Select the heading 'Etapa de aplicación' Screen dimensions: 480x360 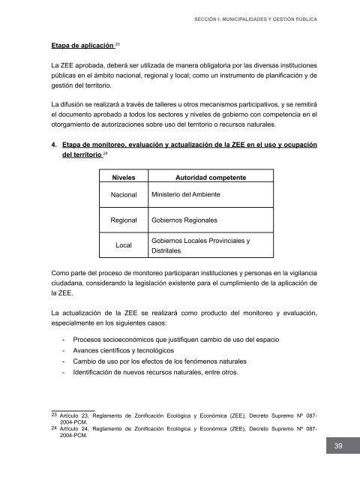pos(76,45)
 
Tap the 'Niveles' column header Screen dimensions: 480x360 pos(124,178)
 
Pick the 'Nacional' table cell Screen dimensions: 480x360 pos(124,195)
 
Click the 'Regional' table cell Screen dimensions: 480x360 pos(124,222)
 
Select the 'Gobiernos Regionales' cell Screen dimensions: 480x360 pos(184,222)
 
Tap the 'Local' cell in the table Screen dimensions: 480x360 pos(124,246)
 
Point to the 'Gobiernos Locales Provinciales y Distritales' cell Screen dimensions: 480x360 pos(199,247)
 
